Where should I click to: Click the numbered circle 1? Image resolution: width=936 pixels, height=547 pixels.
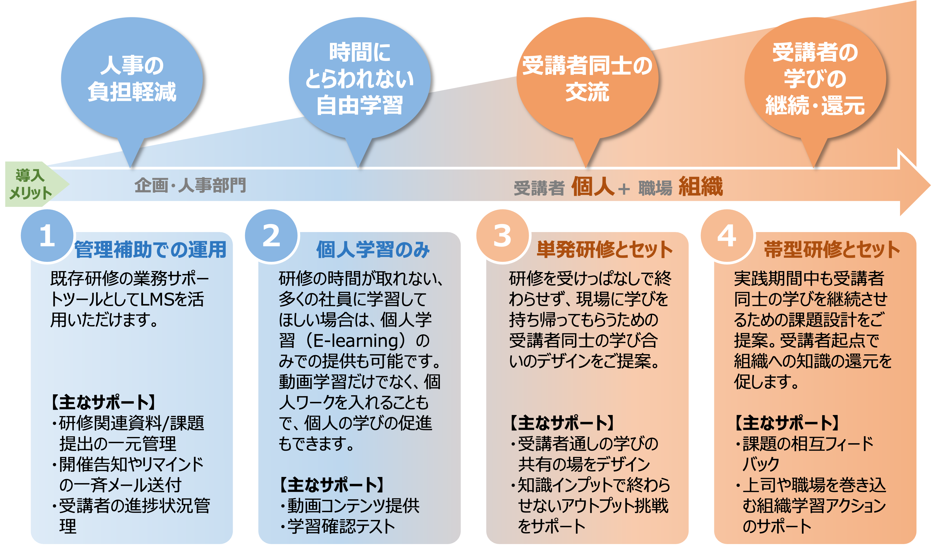[x=47, y=236]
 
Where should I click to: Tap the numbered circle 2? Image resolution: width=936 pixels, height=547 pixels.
[x=271, y=236]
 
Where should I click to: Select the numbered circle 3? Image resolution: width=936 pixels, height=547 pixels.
[x=502, y=236]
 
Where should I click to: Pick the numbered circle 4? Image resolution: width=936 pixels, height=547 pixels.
[x=727, y=236]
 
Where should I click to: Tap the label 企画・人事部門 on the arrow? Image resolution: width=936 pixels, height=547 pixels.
[x=190, y=185]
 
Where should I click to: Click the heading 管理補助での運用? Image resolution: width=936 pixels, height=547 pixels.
[x=150, y=249]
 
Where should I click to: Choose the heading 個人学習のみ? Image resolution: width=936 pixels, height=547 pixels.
[x=373, y=249]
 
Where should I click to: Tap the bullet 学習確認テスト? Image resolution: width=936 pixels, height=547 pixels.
[x=341, y=526]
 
